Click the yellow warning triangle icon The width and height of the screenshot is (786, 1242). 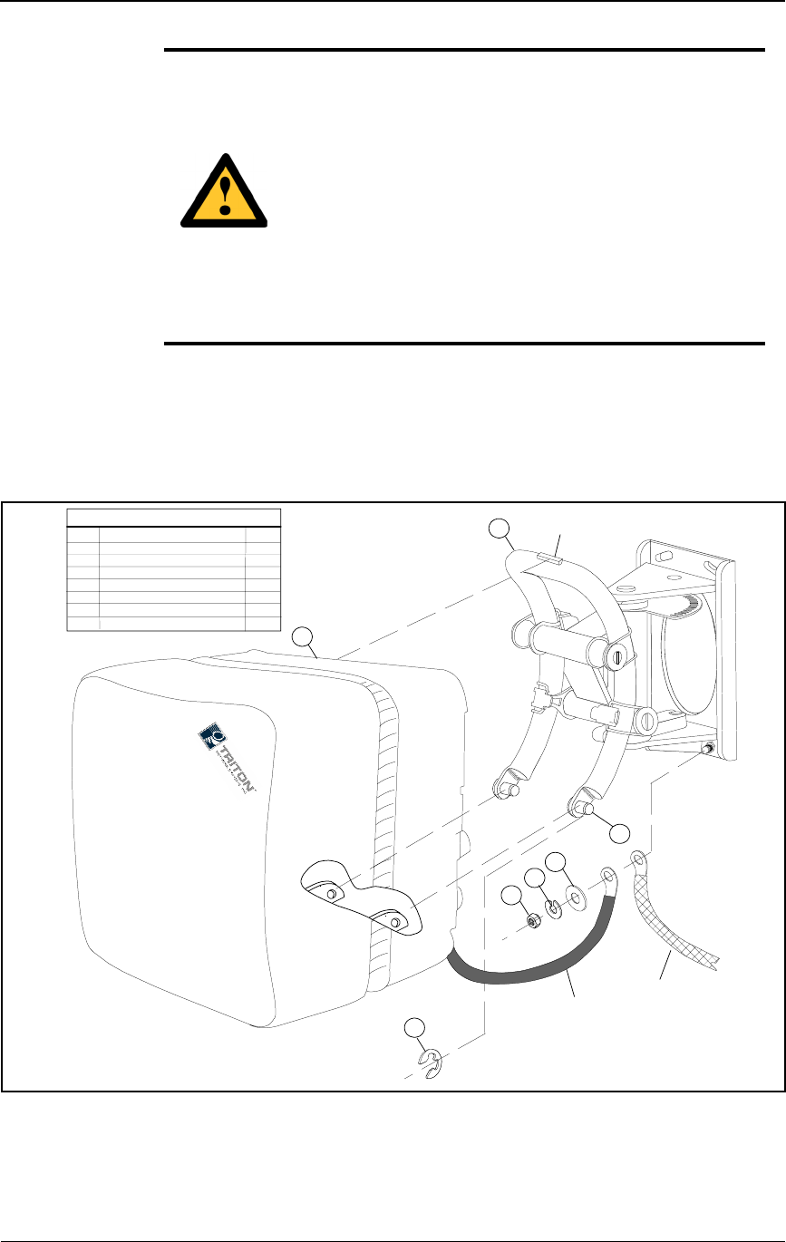click(x=225, y=192)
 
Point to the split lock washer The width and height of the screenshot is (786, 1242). click(x=555, y=907)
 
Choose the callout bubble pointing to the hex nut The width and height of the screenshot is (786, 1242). click(x=512, y=896)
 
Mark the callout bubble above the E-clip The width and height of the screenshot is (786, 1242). click(x=413, y=1026)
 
